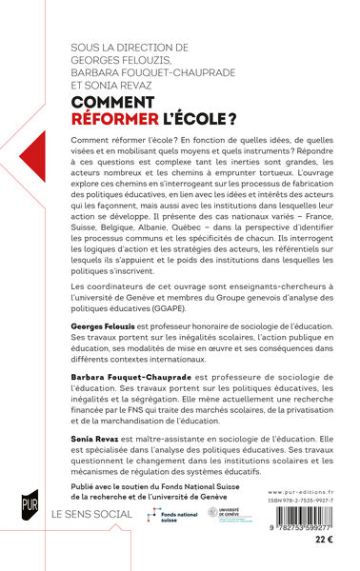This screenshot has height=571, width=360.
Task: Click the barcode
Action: [x=299, y=519]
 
